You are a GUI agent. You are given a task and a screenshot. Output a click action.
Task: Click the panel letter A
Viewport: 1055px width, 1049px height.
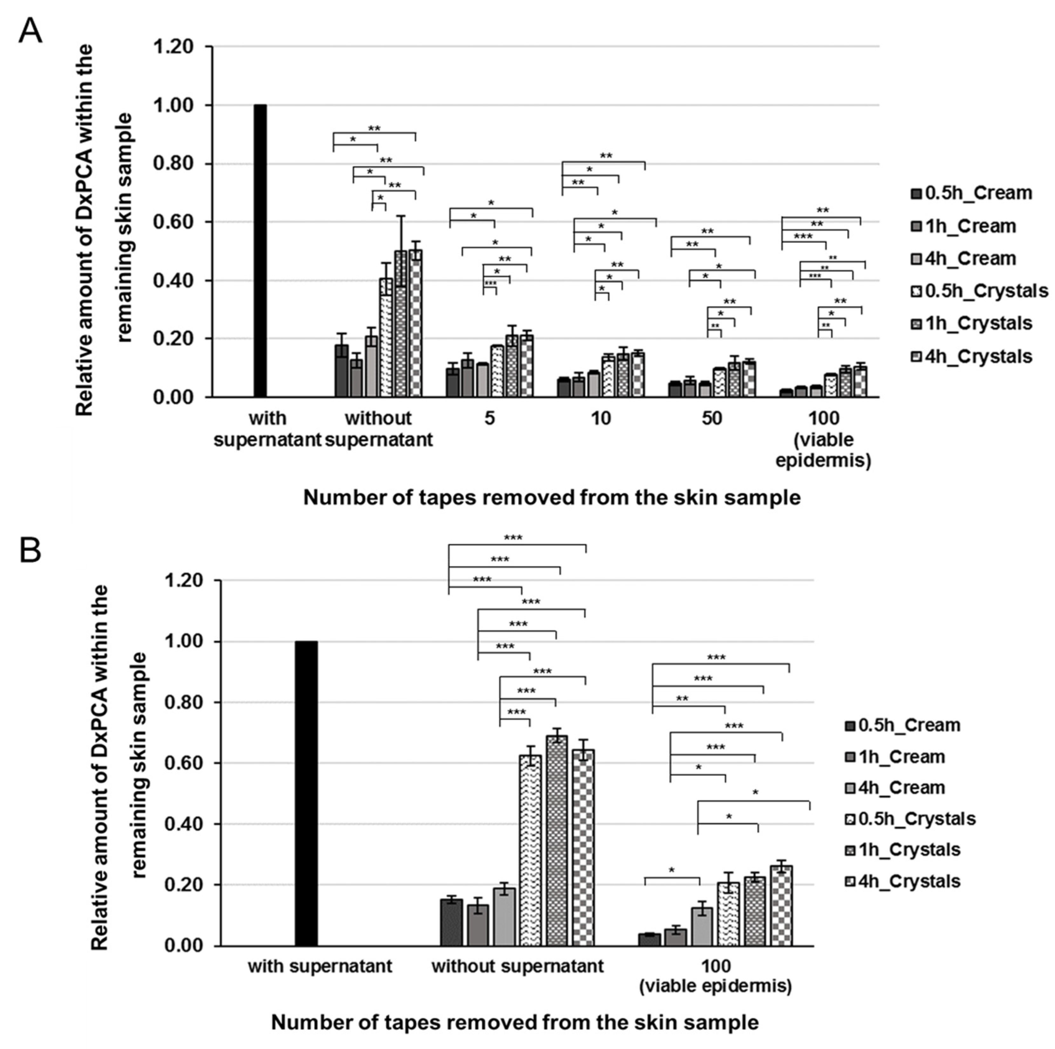pos(30,32)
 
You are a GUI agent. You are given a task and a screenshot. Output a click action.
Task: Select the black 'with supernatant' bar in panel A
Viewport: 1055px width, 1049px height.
pos(261,251)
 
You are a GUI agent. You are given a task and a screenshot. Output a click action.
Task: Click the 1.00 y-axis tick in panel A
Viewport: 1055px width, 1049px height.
pos(173,105)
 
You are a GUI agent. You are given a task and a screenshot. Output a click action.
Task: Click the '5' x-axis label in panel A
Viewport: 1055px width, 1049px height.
pos(490,419)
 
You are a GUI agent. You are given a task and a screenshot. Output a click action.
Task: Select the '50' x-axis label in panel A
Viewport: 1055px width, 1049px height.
pos(712,419)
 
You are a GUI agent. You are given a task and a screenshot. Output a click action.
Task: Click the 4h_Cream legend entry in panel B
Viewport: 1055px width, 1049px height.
pos(902,788)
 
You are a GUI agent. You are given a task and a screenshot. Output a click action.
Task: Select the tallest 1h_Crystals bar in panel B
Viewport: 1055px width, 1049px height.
pos(556,841)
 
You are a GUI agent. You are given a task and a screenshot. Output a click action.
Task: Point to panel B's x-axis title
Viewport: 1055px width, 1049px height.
pos(514,1022)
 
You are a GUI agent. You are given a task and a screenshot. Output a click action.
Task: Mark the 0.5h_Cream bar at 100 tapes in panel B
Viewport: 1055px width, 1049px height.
pos(649,939)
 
